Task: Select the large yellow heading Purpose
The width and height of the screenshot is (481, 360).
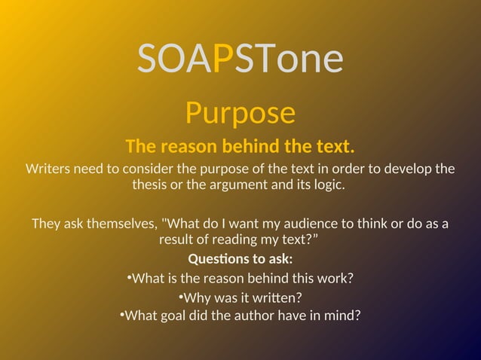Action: pos(240,114)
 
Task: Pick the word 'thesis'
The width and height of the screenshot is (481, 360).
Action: pos(151,185)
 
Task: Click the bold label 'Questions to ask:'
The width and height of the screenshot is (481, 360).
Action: pos(240,259)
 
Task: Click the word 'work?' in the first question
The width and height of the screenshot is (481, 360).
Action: pos(335,278)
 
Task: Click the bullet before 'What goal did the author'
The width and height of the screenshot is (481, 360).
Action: pos(121,313)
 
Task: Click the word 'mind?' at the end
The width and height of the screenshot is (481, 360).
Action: pos(342,315)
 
